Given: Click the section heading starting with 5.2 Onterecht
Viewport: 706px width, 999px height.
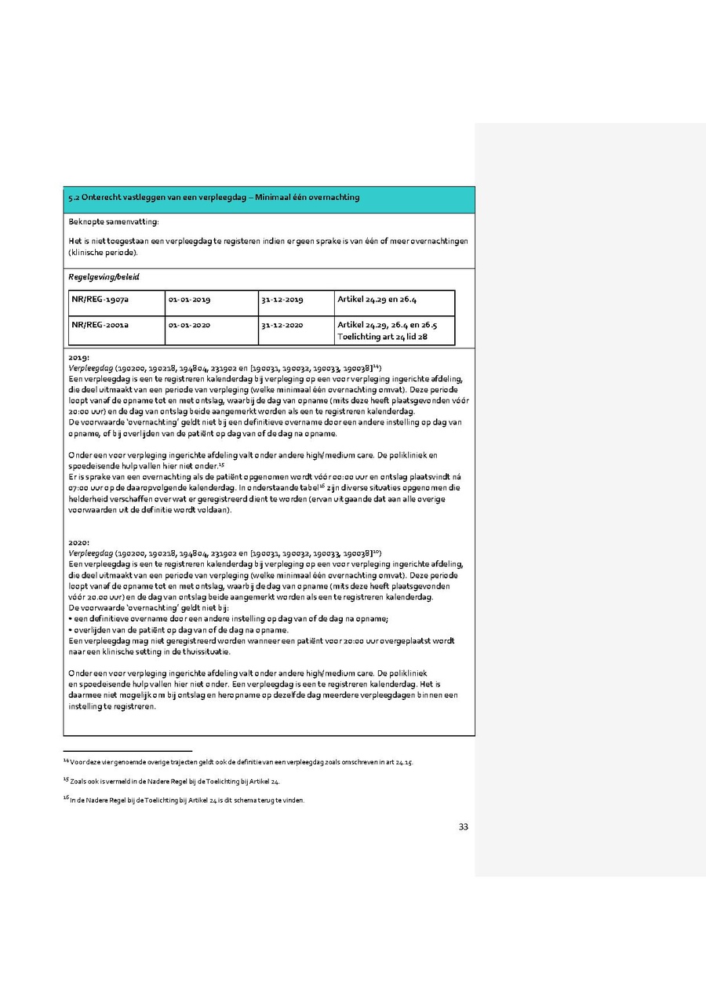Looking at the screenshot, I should (214, 197).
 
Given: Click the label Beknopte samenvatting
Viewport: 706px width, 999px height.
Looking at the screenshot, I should (113, 224).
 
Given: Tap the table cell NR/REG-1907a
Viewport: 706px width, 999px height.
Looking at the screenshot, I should (101, 300).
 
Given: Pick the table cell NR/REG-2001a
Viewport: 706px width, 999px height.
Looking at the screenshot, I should (101, 324).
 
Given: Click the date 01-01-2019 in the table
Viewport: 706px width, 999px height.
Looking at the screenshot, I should (189, 300).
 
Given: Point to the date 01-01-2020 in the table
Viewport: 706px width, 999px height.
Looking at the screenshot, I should (189, 324).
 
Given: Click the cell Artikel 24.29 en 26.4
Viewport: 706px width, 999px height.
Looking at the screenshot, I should (377, 300).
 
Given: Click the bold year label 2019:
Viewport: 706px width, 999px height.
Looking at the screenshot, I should (78, 358).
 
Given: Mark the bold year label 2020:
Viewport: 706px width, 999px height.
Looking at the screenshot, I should (78, 542).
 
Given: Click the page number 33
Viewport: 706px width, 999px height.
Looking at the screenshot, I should (464, 826).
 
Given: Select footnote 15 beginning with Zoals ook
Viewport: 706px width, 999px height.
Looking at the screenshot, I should (173, 782).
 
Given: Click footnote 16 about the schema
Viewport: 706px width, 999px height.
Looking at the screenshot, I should (184, 800).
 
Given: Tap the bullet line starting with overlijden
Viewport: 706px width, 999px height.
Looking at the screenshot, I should (179, 629).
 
